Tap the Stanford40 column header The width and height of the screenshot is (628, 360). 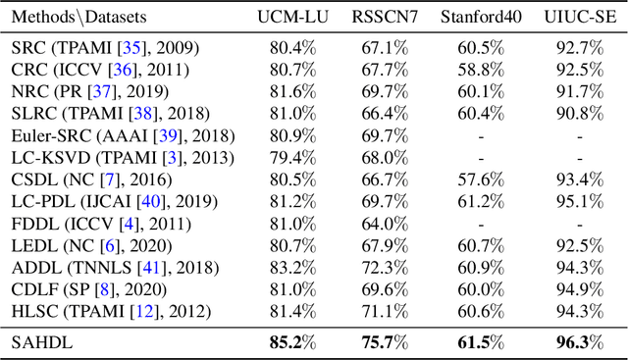point(481,18)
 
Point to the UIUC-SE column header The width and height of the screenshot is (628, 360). point(578,18)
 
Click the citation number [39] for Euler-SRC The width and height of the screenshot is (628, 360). point(154,134)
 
